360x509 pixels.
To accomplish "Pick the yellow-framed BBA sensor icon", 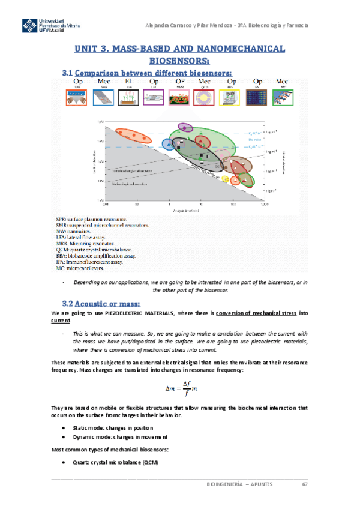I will (x=230, y=98).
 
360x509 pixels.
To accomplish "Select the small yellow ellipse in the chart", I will (x=226, y=179).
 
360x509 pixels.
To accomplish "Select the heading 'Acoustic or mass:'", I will (x=110, y=301).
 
